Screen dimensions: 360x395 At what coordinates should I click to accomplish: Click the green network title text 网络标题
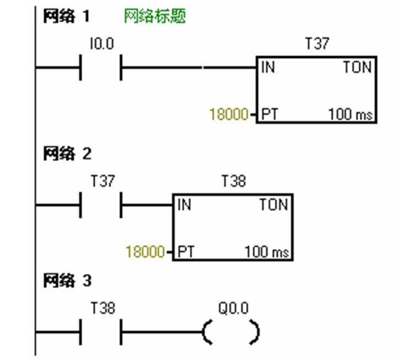[x=155, y=17]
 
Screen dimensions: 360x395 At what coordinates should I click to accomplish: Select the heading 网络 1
[x=67, y=16]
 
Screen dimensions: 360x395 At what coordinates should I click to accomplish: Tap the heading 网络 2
[x=67, y=154]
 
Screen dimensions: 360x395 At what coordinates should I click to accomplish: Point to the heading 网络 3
[x=67, y=281]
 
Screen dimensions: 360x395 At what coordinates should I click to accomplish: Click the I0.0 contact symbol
[x=101, y=68]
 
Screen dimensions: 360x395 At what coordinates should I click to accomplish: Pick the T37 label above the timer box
[x=317, y=44]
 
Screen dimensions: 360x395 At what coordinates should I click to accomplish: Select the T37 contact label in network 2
[x=102, y=182]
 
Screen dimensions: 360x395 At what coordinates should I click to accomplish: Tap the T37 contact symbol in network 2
[x=101, y=206]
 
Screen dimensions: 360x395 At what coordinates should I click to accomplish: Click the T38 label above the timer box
[x=233, y=182]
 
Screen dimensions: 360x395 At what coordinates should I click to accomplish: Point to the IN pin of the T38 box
[x=184, y=205]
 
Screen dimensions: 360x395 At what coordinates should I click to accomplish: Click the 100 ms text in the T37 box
[x=351, y=115]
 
